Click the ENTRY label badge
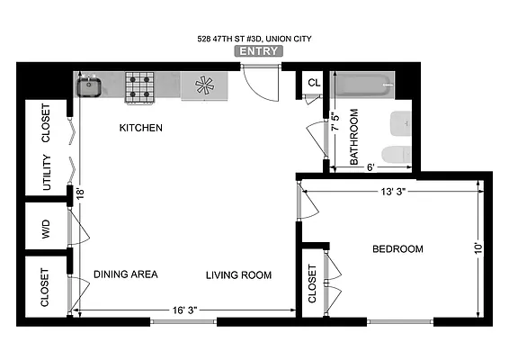pos(259,51)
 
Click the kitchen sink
pos(88,86)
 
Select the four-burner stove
pos(139,86)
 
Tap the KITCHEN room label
pos(141,128)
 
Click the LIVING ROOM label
pos(238,274)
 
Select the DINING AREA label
pos(126,274)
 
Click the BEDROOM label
pos(397,249)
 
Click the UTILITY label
pos(46,173)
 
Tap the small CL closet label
pos(313,83)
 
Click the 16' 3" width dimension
pos(184,310)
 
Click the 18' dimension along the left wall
pos(79,193)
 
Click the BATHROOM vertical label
pos(354,137)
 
